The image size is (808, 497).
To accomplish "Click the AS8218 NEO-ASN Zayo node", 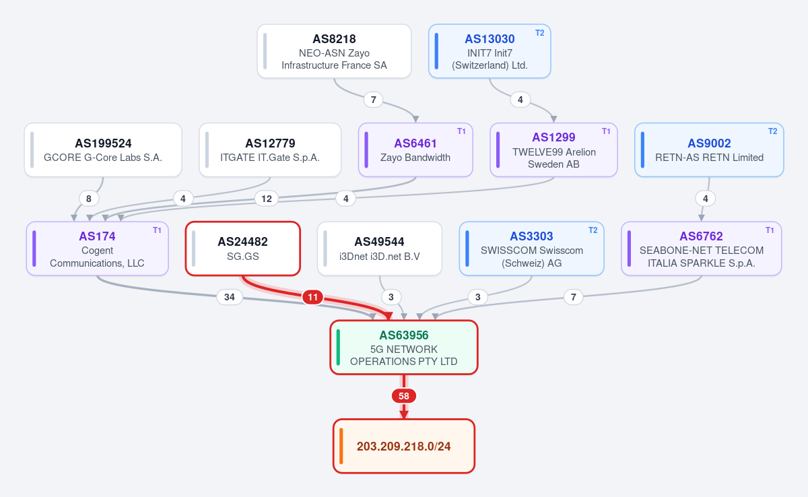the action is [334, 51].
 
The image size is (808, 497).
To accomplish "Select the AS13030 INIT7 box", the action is [490, 51].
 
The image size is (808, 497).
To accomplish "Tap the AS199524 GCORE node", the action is [103, 150].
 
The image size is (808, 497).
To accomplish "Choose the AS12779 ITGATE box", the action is [270, 150].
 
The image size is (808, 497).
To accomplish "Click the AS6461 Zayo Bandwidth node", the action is [415, 150].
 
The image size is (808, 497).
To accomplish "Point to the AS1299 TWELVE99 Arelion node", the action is [553, 150].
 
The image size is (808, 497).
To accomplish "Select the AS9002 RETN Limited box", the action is [709, 150].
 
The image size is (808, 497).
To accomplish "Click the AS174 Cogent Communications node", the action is [98, 249].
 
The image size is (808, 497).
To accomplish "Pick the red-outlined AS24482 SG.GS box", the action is [243, 249].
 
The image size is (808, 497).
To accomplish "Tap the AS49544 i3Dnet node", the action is [380, 249].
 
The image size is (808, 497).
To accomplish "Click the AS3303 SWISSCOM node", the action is [532, 249].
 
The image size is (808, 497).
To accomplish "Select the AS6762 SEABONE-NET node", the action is [701, 249].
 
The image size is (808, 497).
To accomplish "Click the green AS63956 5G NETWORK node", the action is [404, 347].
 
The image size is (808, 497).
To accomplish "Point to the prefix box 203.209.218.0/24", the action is [404, 446].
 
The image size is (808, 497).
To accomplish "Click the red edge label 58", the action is [404, 396].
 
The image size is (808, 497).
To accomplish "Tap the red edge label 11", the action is [312, 297].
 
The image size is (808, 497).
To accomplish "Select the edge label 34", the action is [230, 297].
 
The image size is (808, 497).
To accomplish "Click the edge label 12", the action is [267, 199].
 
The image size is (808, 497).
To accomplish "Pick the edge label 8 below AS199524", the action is [89, 199].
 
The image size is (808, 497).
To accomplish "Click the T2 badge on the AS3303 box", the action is [593, 230].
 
